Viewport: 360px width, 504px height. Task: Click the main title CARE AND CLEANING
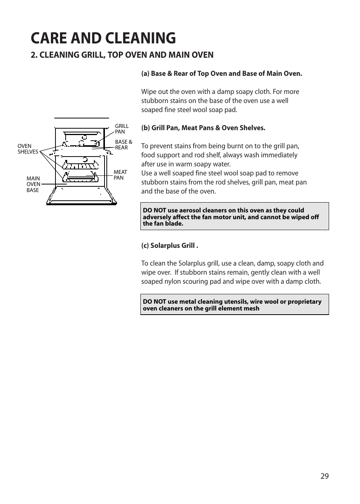pos(103,38)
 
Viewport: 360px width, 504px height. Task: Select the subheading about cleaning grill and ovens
pos(122,55)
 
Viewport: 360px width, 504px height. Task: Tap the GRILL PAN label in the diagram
pos(122,129)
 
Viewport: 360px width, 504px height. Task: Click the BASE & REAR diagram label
pos(123,145)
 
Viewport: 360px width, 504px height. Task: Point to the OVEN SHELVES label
pos(28,149)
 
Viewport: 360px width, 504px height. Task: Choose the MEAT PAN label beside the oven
pos(120,175)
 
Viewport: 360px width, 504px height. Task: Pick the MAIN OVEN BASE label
pos(33,184)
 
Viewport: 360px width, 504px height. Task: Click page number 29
pos(325,476)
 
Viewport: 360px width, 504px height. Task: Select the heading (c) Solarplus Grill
pos(169,246)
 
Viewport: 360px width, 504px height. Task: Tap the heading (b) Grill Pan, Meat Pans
pos(203,128)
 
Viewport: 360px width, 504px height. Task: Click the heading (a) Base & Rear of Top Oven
pos(222,74)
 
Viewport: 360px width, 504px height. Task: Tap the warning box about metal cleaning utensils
pos(234,304)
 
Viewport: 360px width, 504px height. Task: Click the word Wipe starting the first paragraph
pos(149,92)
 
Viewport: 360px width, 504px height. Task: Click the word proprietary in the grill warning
pos(304,302)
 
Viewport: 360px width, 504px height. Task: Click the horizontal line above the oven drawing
pos(82,118)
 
